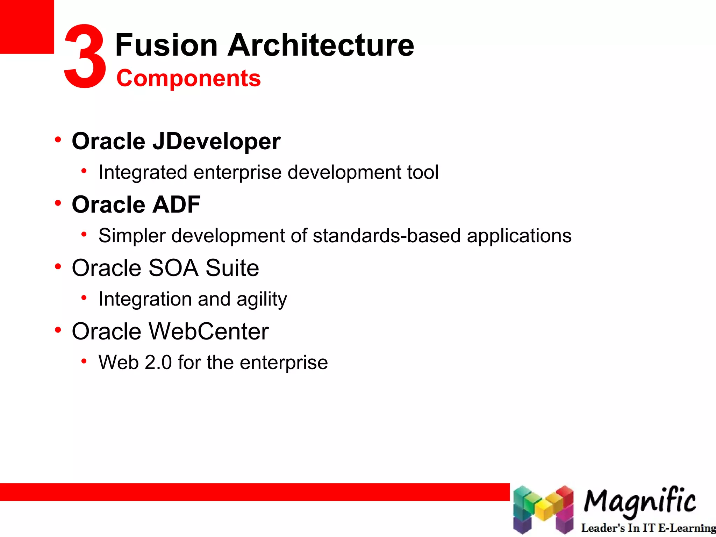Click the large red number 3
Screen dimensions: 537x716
85,56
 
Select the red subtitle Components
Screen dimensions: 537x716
188,78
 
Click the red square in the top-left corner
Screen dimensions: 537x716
27,27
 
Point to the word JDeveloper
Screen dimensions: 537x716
216,141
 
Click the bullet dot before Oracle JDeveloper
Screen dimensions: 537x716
58,140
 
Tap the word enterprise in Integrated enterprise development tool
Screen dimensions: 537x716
237,172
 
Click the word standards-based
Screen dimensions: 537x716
386,236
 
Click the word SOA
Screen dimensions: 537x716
173,268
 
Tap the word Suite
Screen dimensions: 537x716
232,268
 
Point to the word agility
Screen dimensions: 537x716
262,300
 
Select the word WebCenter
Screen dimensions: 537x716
209,331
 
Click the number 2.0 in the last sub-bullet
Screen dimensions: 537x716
158,363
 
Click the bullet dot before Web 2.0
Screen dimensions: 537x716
84,361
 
